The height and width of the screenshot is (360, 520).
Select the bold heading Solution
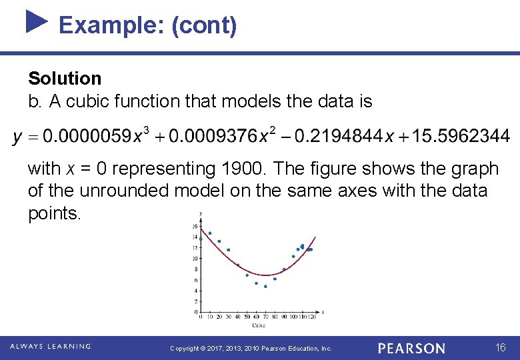[x=65, y=79]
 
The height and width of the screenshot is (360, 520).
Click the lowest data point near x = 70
[x=265, y=286]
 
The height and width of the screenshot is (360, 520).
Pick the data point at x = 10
[x=210, y=233]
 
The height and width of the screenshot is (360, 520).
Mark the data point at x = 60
[x=256, y=283]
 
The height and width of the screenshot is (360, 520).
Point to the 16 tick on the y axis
[x=195, y=226]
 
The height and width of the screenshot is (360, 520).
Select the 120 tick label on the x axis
[x=311, y=317]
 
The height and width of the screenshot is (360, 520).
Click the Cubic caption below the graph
[x=258, y=325]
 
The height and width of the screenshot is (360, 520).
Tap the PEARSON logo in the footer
[x=411, y=348]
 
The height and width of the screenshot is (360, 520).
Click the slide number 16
[x=501, y=348]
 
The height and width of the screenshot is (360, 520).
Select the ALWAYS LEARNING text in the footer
[x=50, y=347]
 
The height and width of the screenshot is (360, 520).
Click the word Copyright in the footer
[x=185, y=349]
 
